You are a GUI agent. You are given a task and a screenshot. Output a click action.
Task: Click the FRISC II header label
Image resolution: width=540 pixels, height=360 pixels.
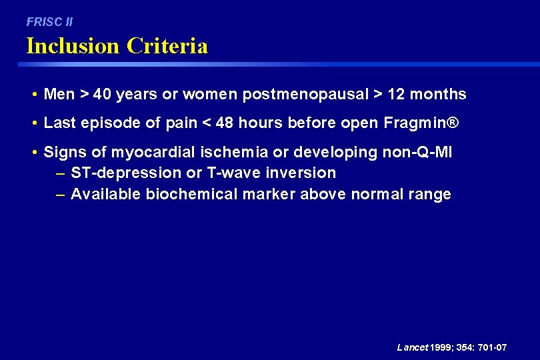click(x=49, y=22)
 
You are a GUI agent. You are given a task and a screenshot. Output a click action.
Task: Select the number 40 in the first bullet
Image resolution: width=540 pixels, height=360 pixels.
click(x=102, y=95)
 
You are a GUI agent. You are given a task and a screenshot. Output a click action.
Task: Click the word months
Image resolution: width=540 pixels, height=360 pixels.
click(x=438, y=95)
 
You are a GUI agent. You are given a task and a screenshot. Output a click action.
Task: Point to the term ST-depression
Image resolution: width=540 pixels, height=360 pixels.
click(x=126, y=173)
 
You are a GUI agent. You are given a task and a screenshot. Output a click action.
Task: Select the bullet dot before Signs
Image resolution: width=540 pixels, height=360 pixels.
click(x=33, y=153)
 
